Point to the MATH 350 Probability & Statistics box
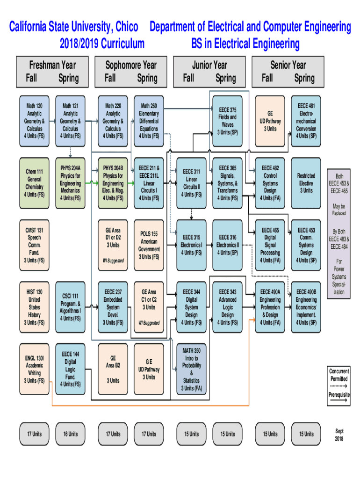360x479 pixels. coord(192,369)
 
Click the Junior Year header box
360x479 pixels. coord(209,72)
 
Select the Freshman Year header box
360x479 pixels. coord(52,72)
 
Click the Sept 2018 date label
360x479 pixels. coord(339,435)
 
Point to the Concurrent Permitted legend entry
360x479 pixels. coord(339,375)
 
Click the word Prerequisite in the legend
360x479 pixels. coord(339,395)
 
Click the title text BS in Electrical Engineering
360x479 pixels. coord(245,44)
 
